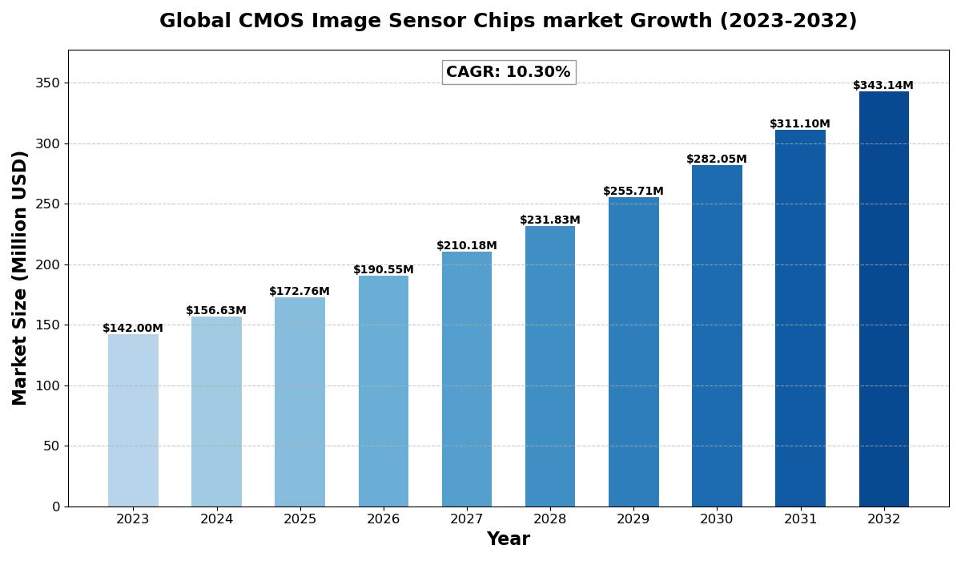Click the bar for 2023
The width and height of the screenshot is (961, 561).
[x=133, y=420]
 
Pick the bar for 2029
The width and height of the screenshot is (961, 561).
[x=633, y=352]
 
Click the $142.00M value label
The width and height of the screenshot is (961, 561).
[x=133, y=329]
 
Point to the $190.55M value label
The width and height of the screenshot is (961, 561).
[x=384, y=270]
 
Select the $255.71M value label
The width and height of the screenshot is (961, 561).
[x=633, y=192]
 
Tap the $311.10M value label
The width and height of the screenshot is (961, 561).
[x=800, y=124]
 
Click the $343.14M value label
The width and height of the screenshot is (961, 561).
[x=883, y=86]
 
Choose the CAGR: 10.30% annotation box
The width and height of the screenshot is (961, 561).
[x=509, y=72]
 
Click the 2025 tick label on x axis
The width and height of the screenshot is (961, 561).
[x=300, y=519]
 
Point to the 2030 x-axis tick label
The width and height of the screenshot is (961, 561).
[x=717, y=519]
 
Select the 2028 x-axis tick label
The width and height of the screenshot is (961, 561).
[x=550, y=519]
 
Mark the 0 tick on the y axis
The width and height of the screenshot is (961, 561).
[x=56, y=507]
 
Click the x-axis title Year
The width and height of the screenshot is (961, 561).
[x=509, y=539]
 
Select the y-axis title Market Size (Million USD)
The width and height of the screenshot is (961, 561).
[x=21, y=277]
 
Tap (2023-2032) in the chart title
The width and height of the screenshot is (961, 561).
[x=788, y=22]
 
